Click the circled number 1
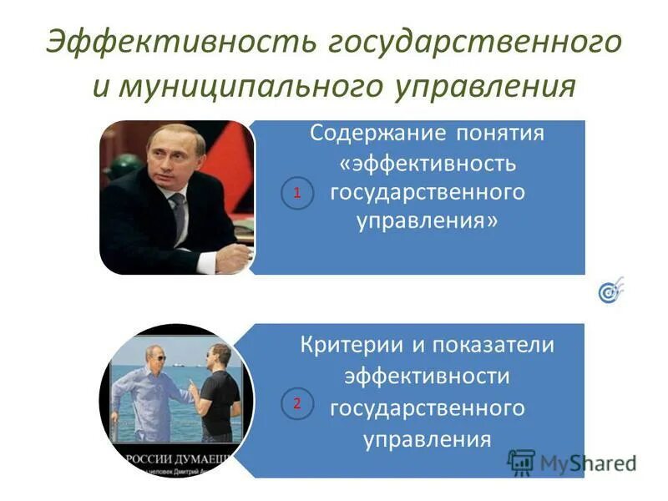[x=296, y=193]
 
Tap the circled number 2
[x=296, y=405]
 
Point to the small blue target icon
[x=610, y=291]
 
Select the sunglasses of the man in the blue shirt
[x=158, y=357]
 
